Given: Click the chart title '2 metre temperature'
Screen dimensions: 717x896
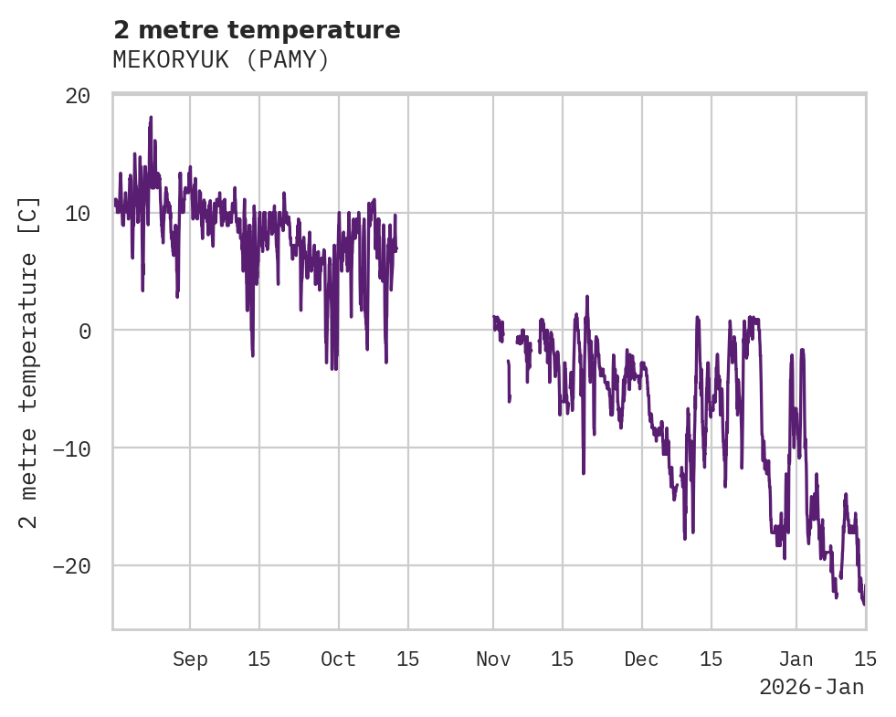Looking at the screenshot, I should [257, 30].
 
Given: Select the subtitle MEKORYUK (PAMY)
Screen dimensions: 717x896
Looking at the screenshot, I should [220, 59].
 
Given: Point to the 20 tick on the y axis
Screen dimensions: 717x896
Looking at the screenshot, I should [79, 96].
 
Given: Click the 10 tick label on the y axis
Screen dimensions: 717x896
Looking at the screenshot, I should [79, 213].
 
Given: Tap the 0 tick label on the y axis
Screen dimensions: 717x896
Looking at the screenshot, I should [85, 331].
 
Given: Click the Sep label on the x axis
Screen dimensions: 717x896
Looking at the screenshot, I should [190, 659].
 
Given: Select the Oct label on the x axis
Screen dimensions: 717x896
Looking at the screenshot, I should [338, 659].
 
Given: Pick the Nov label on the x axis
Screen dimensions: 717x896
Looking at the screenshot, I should [493, 659].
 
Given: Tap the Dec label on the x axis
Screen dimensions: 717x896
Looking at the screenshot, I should [641, 659].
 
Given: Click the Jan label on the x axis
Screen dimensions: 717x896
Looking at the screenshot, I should [796, 659].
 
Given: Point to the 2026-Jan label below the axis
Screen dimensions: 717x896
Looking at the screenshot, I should [811, 687].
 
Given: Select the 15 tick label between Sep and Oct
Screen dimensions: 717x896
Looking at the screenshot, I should [259, 659].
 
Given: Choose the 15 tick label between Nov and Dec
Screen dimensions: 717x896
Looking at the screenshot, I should [563, 659].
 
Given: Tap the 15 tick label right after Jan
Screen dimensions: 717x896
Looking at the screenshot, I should [865, 659].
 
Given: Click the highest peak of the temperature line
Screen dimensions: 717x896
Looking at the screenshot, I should [151, 118].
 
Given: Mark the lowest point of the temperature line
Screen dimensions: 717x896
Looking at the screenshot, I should [863, 603].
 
